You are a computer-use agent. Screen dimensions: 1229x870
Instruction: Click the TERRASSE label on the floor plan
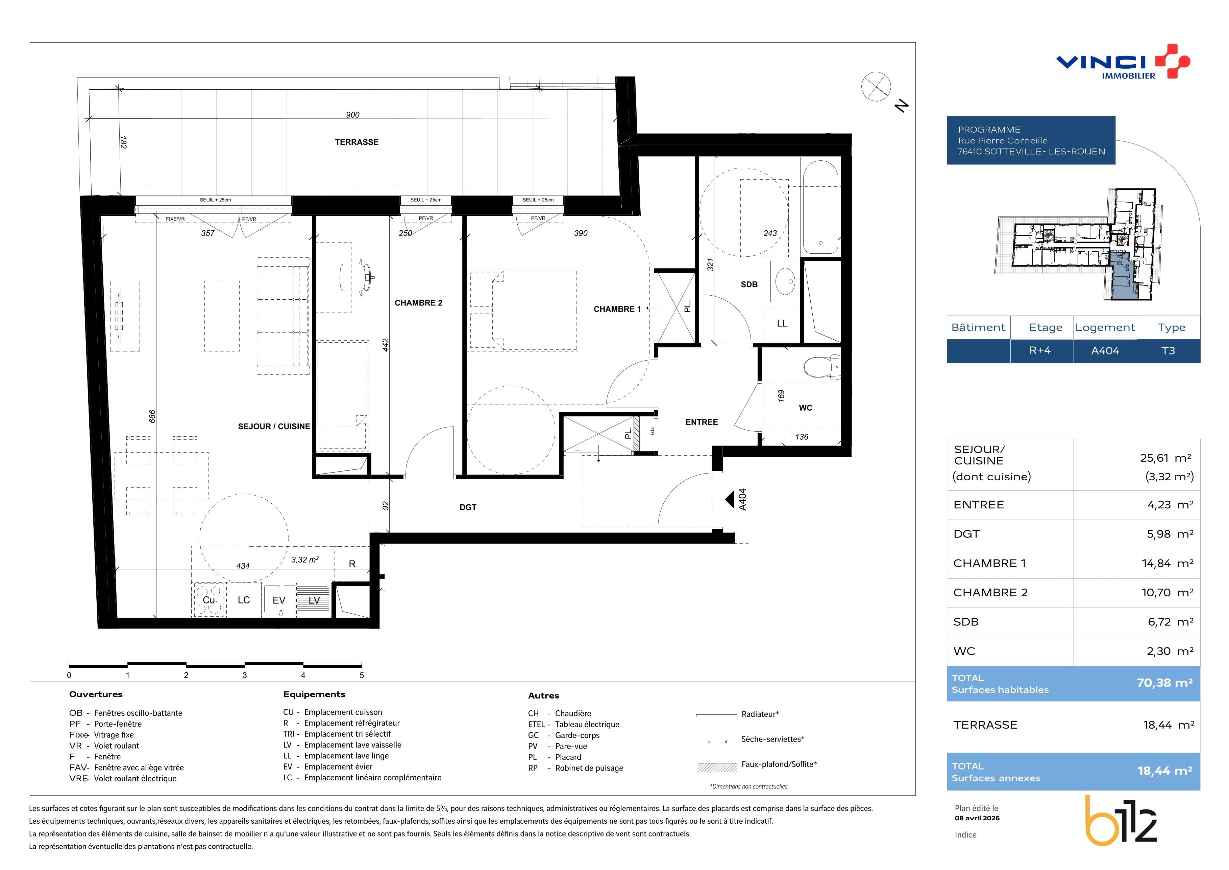pyautogui.click(x=357, y=142)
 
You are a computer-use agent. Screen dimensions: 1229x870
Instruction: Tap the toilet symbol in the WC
pyautogui.click(x=822, y=367)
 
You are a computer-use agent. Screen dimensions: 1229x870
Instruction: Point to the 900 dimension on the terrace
pyautogui.click(x=353, y=115)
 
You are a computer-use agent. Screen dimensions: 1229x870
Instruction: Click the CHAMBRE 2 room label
pyautogui.click(x=419, y=303)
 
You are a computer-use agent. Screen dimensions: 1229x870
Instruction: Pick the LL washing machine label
pyautogui.click(x=782, y=324)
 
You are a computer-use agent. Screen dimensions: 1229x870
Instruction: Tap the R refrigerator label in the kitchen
pyautogui.click(x=352, y=564)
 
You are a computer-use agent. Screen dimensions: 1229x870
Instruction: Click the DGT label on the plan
pyautogui.click(x=468, y=507)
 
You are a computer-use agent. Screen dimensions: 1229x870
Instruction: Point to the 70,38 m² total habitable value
pyautogui.click(x=1164, y=683)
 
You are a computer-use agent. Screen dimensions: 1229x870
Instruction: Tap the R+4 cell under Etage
pyautogui.click(x=1040, y=351)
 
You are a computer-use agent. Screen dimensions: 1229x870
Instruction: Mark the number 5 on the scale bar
pyautogui.click(x=362, y=675)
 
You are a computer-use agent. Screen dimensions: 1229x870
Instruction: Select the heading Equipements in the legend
pyautogui.click(x=314, y=694)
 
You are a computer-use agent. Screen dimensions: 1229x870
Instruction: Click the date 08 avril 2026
pyautogui.click(x=977, y=818)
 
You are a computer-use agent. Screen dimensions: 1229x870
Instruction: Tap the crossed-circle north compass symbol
pyautogui.click(x=876, y=86)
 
